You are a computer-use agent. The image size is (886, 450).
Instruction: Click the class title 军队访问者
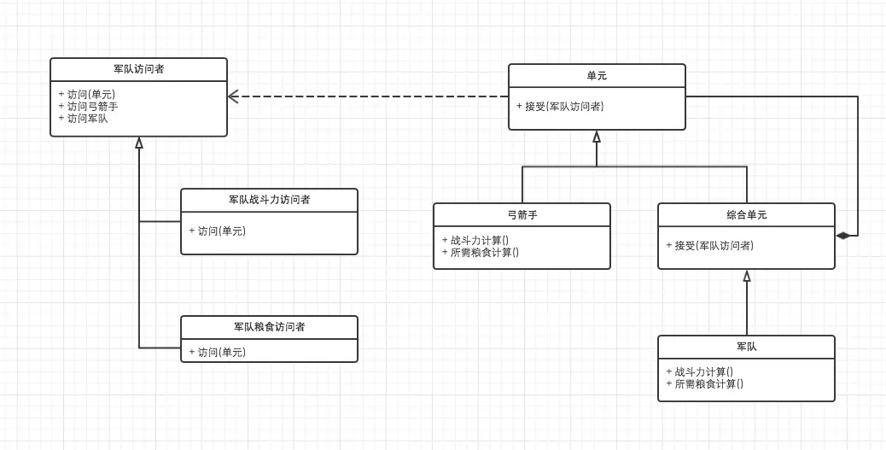tap(138, 69)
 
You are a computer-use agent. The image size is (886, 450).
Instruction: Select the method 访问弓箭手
tap(93, 107)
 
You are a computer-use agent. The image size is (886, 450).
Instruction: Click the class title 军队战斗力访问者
tap(269, 200)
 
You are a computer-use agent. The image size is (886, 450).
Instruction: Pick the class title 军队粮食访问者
tap(269, 327)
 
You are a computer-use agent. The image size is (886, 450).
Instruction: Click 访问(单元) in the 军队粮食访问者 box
tap(221, 352)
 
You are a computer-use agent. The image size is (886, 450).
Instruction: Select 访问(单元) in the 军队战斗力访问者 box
tap(221, 231)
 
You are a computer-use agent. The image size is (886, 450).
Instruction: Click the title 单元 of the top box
tap(597, 76)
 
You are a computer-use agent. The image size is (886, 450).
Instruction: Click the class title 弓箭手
tap(522, 214)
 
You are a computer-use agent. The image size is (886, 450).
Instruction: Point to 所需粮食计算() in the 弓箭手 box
tap(484, 252)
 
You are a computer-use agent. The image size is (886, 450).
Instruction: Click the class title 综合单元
tap(746, 214)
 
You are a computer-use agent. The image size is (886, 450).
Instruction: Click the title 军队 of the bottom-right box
tap(746, 347)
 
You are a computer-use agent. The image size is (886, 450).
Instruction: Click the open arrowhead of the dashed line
tap(233, 96)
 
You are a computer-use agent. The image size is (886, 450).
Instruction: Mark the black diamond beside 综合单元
tap(842, 235)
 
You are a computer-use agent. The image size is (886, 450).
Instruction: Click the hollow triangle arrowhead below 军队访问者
tap(139, 143)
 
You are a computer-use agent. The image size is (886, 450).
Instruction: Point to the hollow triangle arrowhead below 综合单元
tap(747, 276)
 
